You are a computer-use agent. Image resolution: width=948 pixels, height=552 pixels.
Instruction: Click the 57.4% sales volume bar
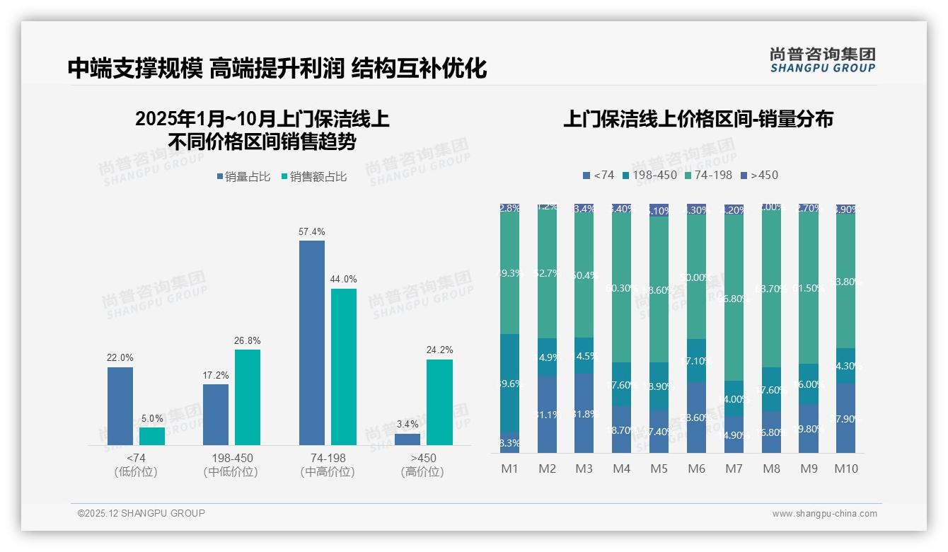312,343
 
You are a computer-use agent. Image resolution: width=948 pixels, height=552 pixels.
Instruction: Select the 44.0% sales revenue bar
344,367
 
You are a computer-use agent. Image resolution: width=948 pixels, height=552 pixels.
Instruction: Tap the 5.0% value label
152,418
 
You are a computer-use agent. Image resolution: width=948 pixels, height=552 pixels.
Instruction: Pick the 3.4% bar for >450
407,439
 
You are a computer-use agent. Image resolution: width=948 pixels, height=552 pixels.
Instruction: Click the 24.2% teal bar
439,402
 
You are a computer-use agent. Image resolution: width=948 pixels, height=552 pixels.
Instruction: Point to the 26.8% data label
248,340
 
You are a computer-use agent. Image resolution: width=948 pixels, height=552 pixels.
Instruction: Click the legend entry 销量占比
243,177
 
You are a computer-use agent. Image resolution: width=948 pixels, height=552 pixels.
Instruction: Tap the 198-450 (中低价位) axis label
231,465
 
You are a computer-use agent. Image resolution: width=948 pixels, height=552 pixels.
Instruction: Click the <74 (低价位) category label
136,465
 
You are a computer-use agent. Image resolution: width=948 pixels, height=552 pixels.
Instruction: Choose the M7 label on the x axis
734,468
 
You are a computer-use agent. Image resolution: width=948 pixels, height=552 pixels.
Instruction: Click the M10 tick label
846,468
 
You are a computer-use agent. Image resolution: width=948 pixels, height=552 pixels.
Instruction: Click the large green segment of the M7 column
734,297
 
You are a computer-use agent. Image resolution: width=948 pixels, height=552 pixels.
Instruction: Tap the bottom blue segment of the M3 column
584,413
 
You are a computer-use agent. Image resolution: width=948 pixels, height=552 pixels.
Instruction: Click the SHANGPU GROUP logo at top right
822,60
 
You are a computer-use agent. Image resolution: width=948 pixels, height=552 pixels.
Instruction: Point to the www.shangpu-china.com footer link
824,514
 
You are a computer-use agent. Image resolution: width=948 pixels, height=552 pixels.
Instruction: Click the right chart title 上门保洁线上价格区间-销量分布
698,119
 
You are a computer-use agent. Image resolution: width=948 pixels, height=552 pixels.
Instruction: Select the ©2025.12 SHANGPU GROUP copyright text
141,513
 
